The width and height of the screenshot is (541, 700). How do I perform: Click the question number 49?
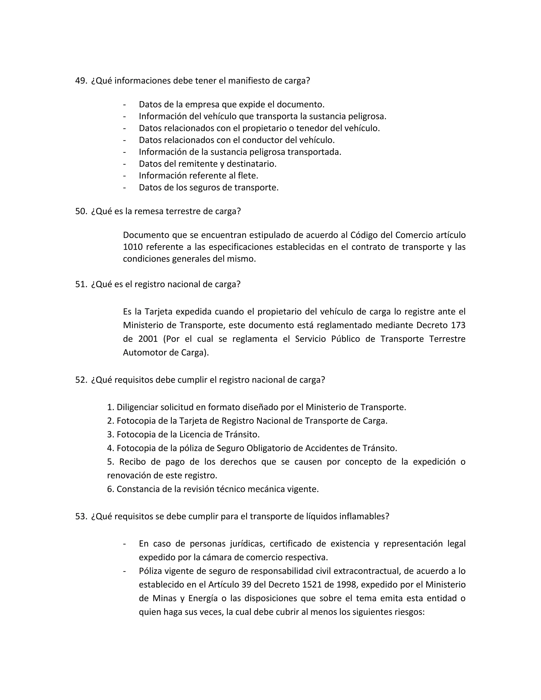coord(81,81)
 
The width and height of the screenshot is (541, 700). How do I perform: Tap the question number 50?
coord(81,212)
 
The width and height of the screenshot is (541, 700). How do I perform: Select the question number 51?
coord(81,284)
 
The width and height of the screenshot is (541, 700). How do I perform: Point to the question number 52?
coord(81,380)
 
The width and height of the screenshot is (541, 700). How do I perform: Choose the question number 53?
coord(81,516)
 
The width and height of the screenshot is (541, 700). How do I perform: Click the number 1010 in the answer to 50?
coord(132,247)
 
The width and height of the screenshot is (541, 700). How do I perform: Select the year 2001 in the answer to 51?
coord(148,339)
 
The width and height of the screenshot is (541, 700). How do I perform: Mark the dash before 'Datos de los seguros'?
coord(124,188)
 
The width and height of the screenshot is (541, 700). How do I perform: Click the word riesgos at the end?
coord(409,612)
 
